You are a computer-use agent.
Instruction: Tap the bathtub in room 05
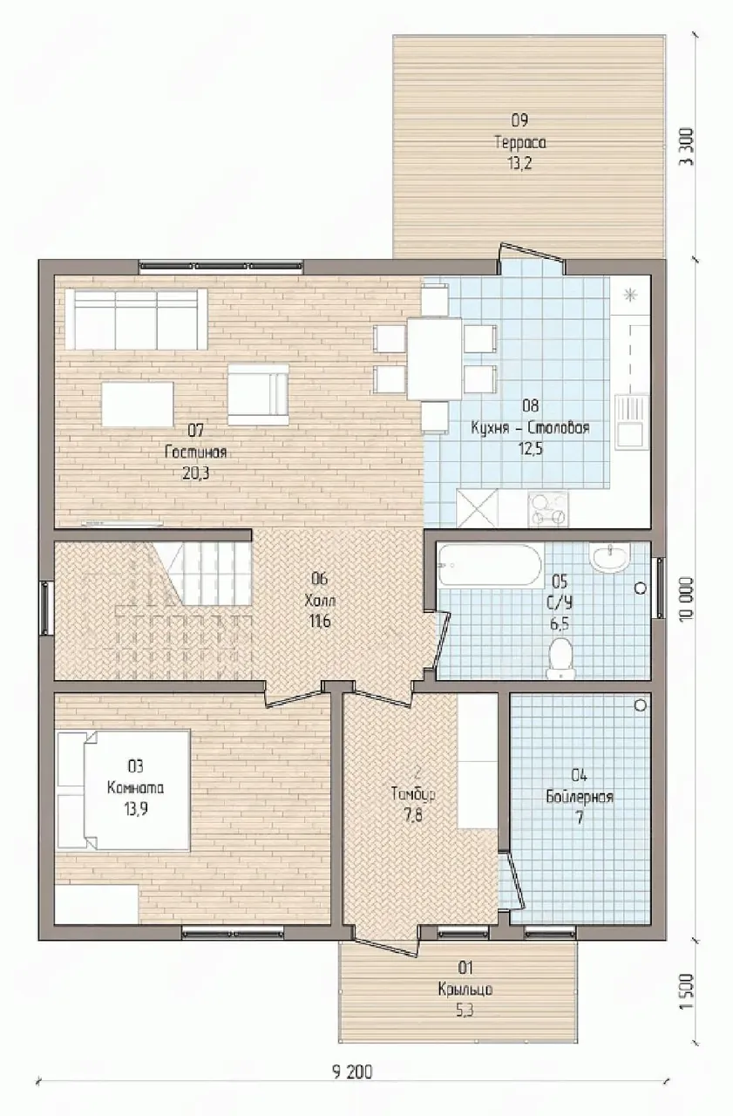point(490,564)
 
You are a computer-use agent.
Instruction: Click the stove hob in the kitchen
point(547,508)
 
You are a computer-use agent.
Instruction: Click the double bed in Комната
point(124,790)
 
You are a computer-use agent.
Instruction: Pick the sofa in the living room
point(140,319)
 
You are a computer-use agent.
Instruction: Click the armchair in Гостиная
point(258,395)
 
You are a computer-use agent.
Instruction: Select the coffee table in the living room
point(138,404)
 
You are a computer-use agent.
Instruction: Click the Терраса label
point(519,142)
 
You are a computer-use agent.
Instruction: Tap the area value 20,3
point(195,473)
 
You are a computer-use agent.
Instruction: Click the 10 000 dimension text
point(686,599)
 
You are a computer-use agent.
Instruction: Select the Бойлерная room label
point(579,797)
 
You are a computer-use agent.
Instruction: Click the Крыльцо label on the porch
point(465,989)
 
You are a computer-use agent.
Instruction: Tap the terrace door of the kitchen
point(533,258)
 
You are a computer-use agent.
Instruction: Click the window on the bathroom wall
point(660,588)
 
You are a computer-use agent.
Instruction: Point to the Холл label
point(320,601)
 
